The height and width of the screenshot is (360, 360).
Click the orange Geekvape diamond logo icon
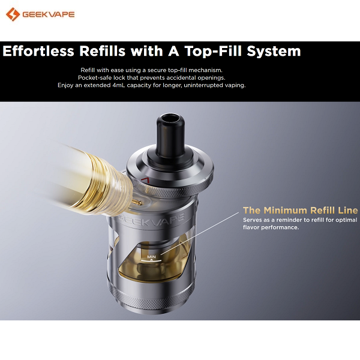13,14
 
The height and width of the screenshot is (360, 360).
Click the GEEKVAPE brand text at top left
49,14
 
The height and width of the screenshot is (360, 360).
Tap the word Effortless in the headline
38,51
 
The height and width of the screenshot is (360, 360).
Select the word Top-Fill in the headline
213,51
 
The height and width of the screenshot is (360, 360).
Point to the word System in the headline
274,52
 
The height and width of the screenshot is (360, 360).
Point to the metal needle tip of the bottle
137,202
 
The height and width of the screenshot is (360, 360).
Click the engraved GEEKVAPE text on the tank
152,218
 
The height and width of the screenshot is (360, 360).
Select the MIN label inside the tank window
151,257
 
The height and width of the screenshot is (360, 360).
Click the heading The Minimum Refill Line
301,210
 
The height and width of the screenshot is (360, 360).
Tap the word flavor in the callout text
251,227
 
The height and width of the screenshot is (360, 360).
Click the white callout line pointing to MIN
200,233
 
